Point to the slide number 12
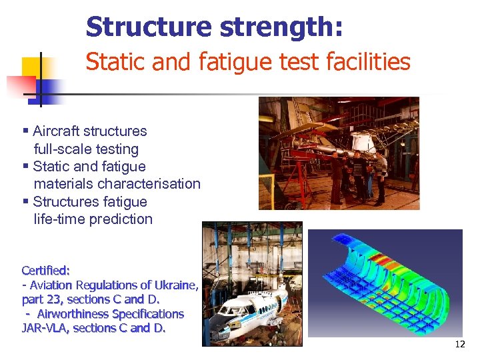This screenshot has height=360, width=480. tap(459, 345)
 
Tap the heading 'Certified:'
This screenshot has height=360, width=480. tap(46, 271)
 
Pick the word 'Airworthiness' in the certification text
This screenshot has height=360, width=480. tap(74, 314)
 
